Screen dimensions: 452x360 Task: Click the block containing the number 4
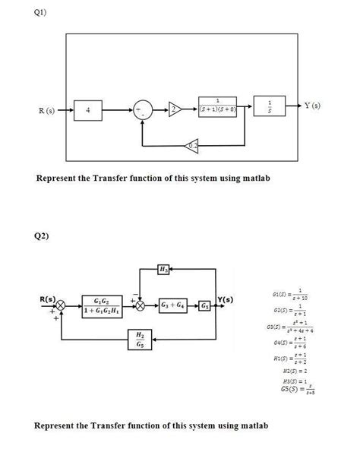click(x=90, y=111)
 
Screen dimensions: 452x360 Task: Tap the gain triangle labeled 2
click(x=175, y=111)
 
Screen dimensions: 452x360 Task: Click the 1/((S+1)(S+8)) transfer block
click(x=219, y=108)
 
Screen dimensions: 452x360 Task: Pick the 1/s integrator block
click(x=267, y=108)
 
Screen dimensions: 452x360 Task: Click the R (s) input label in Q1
click(x=46, y=111)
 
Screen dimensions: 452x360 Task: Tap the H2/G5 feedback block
click(x=139, y=340)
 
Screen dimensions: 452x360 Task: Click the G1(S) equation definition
click(x=297, y=294)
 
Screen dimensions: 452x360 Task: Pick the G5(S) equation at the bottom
click(x=298, y=391)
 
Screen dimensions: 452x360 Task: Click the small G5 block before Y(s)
click(x=207, y=305)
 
